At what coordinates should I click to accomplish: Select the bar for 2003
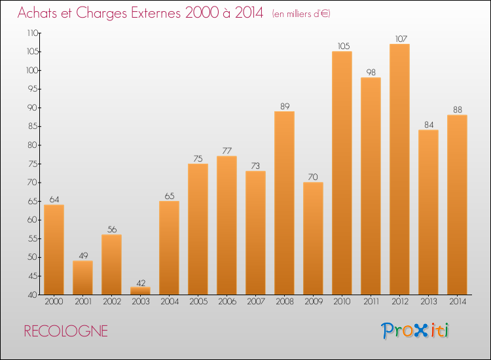[140, 291]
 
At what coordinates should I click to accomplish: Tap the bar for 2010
[342, 173]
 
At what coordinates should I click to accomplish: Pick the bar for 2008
[284, 203]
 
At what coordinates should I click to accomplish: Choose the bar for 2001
[82, 278]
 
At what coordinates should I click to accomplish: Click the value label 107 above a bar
[399, 39]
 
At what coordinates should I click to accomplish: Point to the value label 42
[140, 281]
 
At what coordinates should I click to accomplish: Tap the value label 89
[284, 106]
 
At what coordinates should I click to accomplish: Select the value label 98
[371, 73]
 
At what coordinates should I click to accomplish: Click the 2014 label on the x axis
[457, 302]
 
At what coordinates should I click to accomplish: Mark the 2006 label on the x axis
[227, 302]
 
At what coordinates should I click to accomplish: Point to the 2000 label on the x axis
[54, 302]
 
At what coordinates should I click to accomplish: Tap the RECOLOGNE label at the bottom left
[66, 331]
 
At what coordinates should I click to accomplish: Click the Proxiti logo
[415, 331]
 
